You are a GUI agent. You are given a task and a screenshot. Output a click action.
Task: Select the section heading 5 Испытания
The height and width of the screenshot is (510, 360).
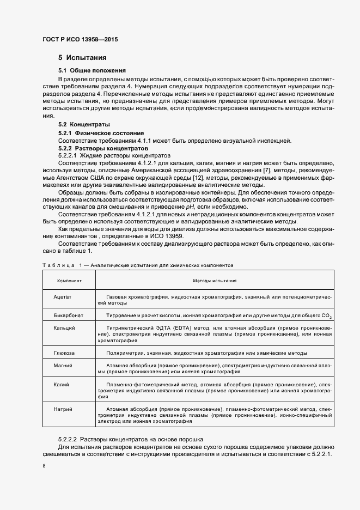pos(82,58)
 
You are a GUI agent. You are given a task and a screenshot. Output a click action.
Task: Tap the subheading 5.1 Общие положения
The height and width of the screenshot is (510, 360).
pos(92,70)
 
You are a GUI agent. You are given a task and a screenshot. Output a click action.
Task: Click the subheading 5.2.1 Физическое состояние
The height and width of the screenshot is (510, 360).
pos(101,133)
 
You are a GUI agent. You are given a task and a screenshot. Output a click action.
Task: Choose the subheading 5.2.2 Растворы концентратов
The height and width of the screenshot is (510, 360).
pos(103,148)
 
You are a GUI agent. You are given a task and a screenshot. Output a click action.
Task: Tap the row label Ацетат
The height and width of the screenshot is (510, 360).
pos(63,297)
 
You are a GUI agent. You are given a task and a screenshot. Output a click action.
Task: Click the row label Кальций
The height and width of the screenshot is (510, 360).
pos(64,327)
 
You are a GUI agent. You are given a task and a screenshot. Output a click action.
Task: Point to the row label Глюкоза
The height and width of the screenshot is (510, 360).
pos(64,353)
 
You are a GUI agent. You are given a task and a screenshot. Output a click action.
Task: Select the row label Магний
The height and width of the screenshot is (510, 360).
pos(63,365)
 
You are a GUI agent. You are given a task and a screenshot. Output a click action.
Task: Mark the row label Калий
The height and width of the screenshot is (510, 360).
pos(62,385)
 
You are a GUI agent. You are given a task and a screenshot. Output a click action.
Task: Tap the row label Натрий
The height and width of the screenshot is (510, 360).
pos(63,409)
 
